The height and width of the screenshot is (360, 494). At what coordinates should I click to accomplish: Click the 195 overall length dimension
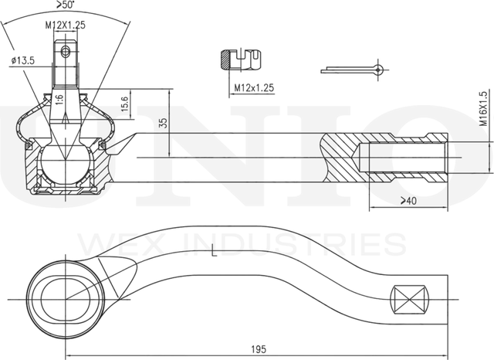click(259, 349)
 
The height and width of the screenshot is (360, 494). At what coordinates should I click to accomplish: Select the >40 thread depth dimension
click(408, 201)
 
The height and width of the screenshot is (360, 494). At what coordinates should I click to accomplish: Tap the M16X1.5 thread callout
click(483, 109)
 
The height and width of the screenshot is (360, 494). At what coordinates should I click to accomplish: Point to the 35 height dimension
click(163, 123)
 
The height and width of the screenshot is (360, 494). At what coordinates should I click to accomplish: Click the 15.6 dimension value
click(124, 104)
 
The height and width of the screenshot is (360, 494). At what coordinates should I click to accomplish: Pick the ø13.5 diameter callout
click(22, 60)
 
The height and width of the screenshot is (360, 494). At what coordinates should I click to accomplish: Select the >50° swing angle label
click(66, 5)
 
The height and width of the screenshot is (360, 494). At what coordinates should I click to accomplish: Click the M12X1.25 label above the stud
click(65, 25)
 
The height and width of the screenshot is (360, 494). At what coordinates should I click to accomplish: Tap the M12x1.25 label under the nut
click(254, 88)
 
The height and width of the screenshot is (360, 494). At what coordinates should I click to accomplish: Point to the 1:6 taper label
click(59, 100)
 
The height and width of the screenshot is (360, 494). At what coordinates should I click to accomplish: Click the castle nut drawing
click(241, 59)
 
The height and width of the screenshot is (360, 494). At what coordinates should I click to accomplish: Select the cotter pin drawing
click(354, 70)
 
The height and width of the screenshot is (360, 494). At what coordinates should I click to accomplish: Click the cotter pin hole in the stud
click(66, 51)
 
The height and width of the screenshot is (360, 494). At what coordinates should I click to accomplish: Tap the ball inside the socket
click(65, 165)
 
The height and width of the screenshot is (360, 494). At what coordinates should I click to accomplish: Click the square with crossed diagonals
click(410, 299)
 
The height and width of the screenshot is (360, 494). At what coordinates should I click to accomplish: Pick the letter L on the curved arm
click(214, 252)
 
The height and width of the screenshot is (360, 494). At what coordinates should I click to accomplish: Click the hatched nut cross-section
click(225, 59)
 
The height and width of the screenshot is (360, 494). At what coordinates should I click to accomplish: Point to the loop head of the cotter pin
click(379, 70)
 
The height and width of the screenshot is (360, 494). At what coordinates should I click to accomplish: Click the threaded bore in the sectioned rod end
click(403, 158)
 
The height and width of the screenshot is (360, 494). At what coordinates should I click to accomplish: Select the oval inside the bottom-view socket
click(66, 299)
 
